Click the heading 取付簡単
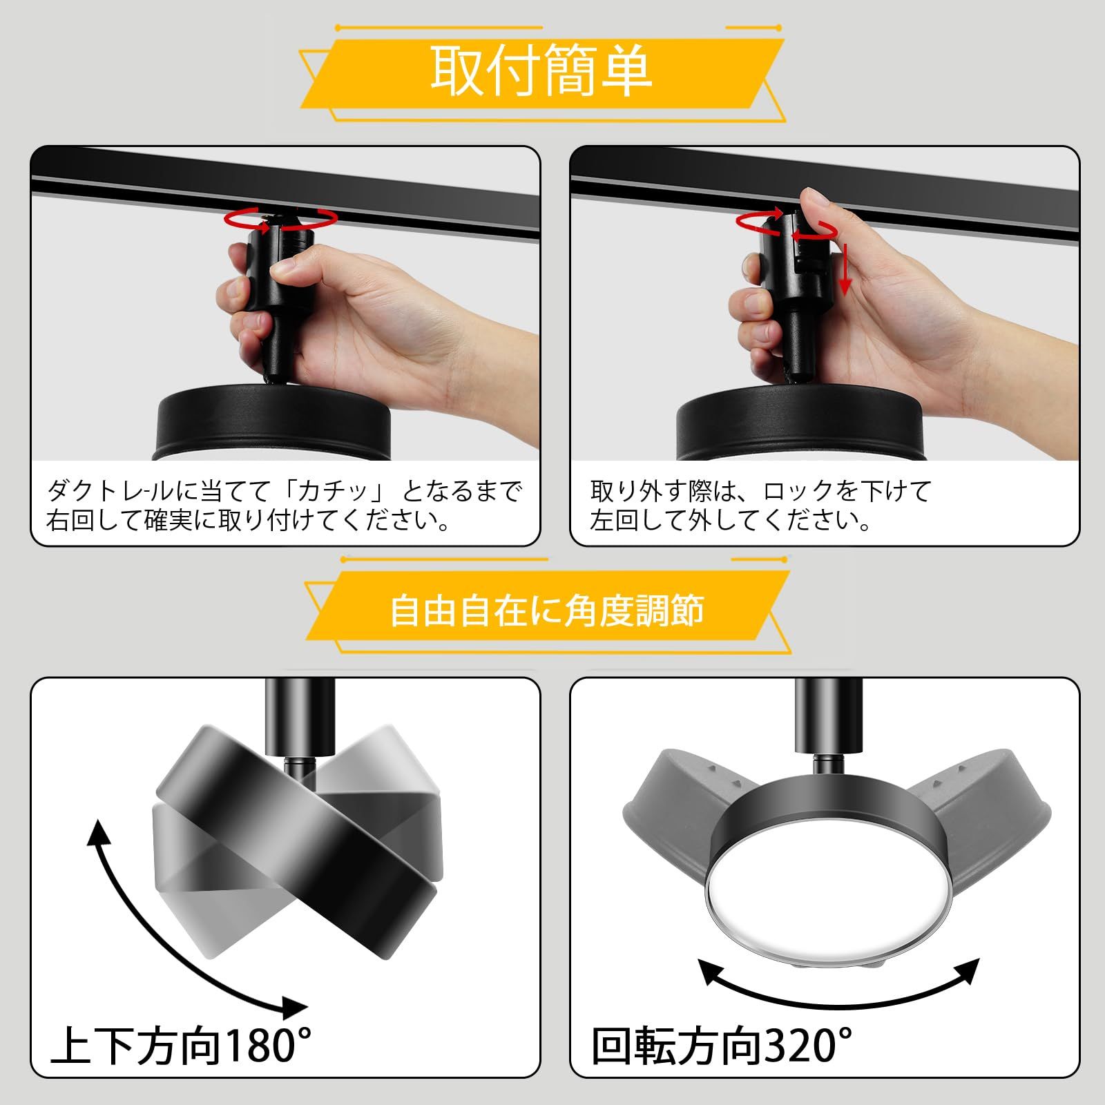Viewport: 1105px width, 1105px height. [x=541, y=72]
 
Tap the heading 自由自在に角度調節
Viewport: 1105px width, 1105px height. [x=547, y=611]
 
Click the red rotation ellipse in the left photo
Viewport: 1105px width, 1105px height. [x=282, y=220]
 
